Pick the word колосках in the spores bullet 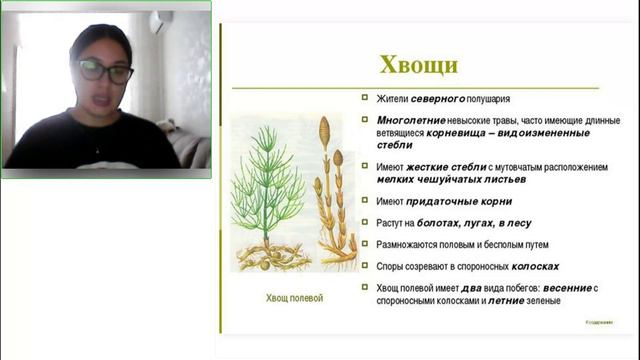click(x=534, y=267)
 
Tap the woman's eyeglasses click(x=105, y=71)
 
